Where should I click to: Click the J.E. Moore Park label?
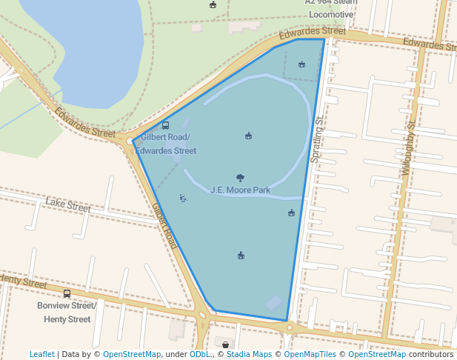click(x=240, y=190)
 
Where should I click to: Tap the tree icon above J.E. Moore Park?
click(x=240, y=178)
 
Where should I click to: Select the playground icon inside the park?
click(x=183, y=198)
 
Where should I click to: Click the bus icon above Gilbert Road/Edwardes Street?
click(x=165, y=126)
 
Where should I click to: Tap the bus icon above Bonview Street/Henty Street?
click(x=67, y=294)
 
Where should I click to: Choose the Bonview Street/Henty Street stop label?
click(x=67, y=313)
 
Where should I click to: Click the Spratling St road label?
click(x=318, y=140)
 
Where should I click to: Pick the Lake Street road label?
click(x=67, y=204)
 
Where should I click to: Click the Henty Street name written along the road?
click(x=23, y=281)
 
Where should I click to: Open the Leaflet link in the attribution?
click(x=41, y=355)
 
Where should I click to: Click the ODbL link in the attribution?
click(x=199, y=355)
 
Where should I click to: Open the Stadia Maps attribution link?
click(x=249, y=355)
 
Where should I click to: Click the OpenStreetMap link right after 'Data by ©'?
click(x=132, y=355)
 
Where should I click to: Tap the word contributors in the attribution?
click(x=430, y=355)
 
